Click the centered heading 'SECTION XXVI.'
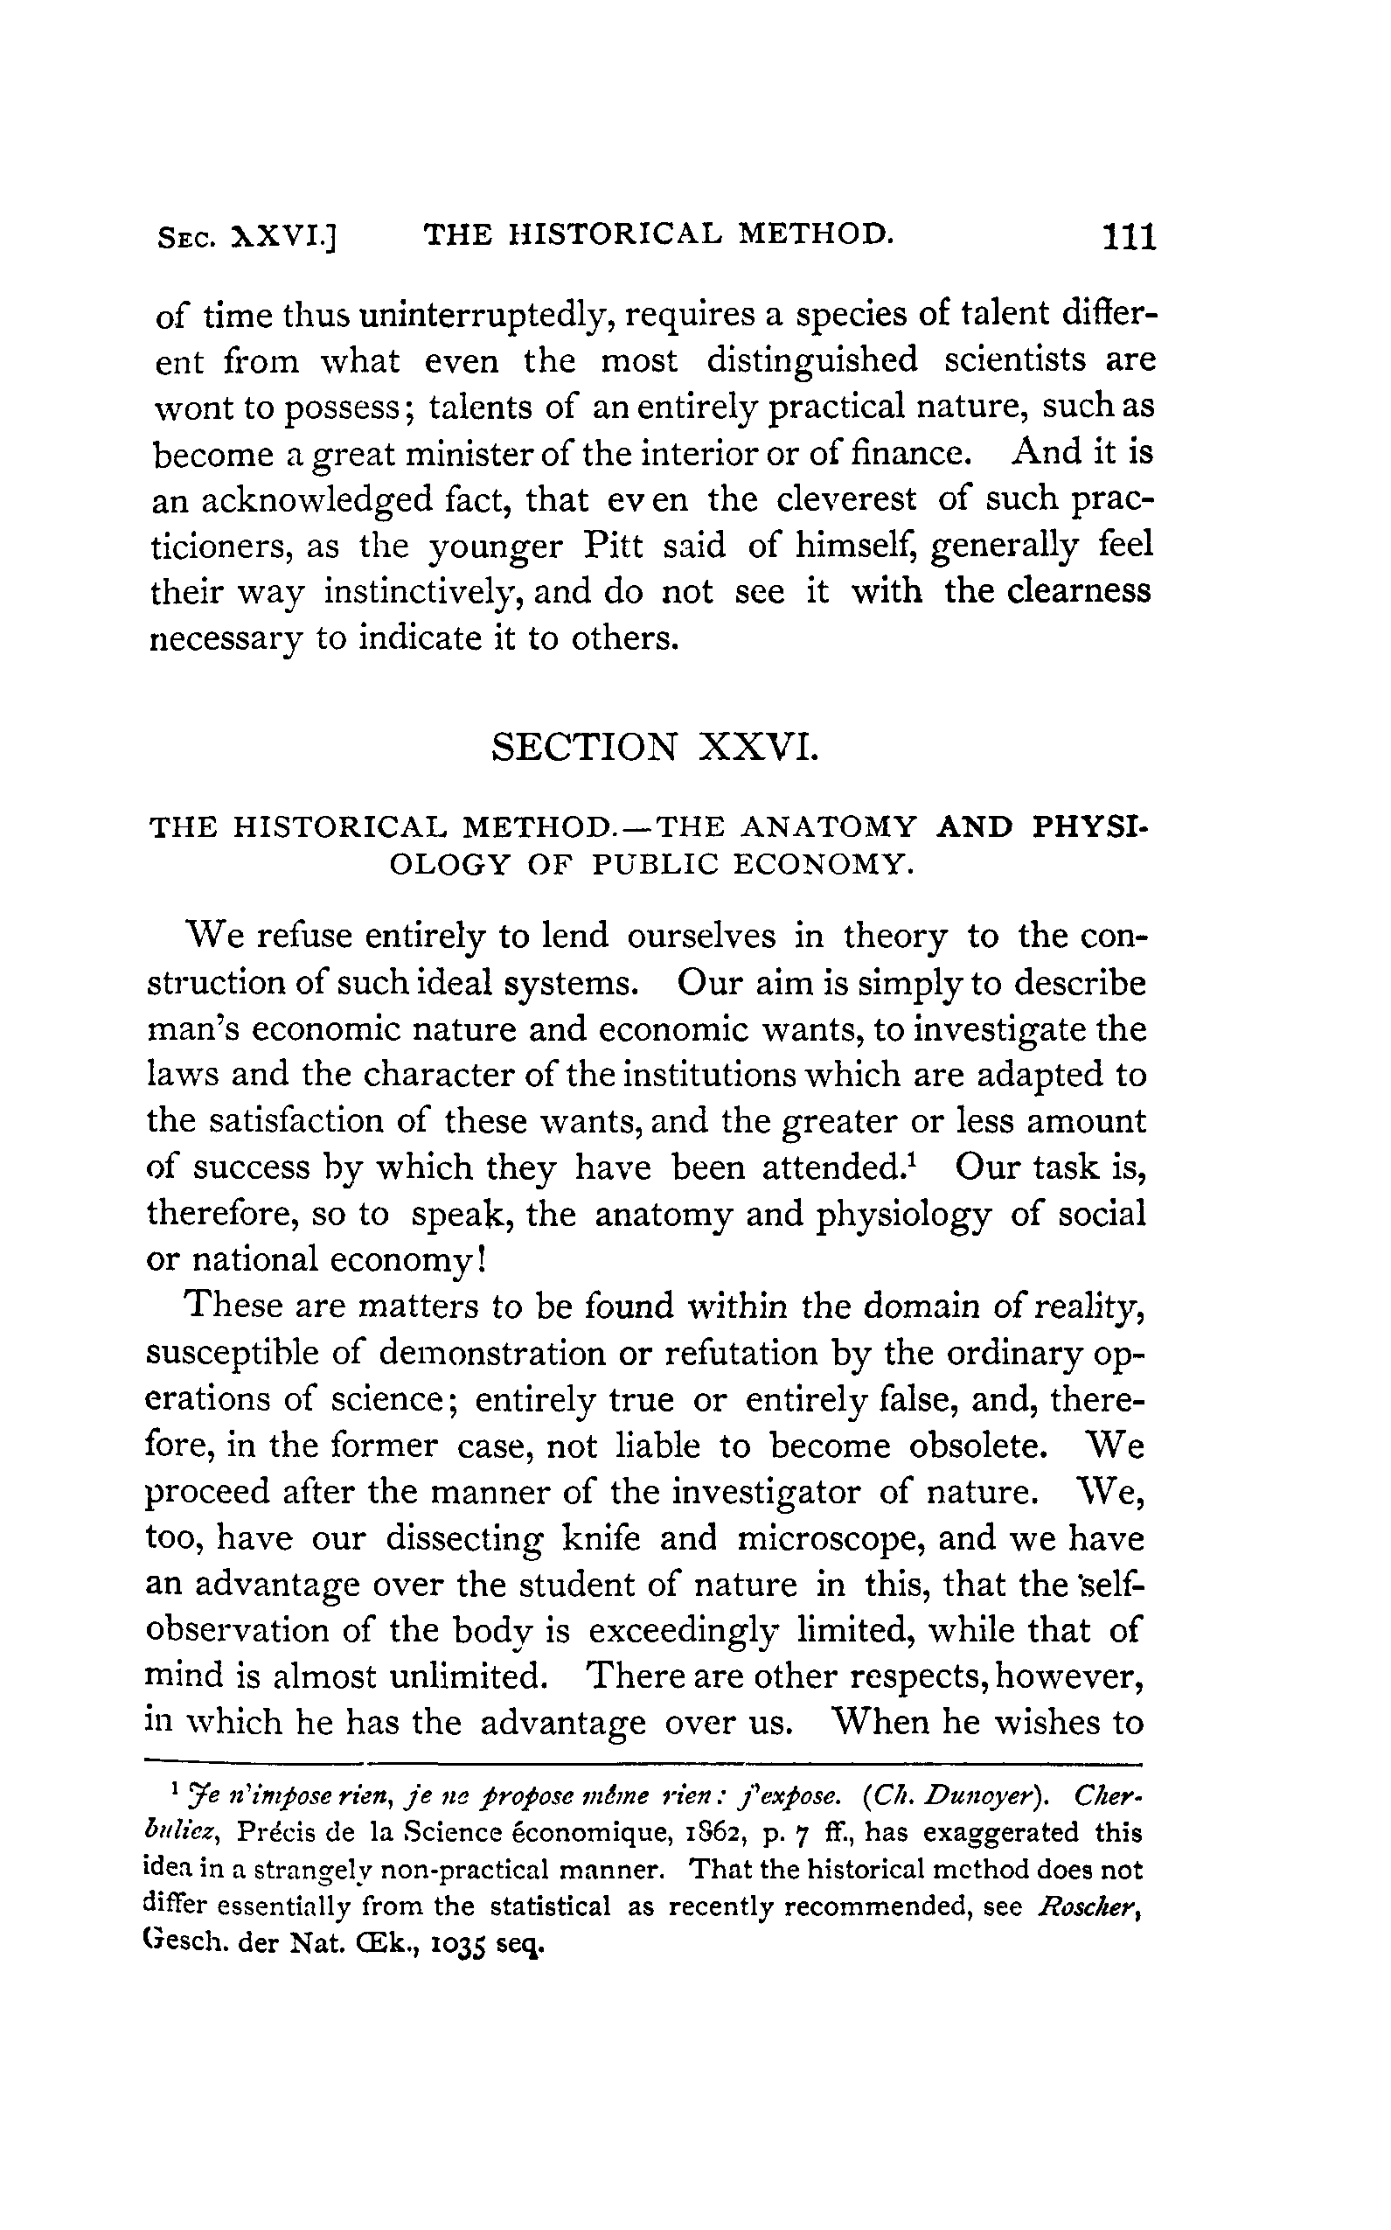pyautogui.click(x=654, y=747)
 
